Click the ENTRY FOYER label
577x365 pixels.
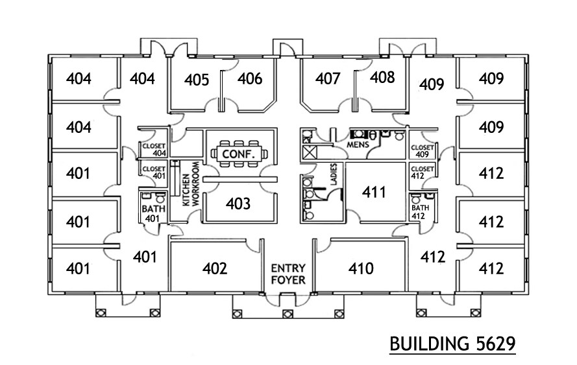coord(288,274)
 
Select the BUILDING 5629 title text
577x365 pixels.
coord(452,343)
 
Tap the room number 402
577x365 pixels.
coord(215,268)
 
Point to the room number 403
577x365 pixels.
coord(238,204)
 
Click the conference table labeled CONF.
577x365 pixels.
coord(238,154)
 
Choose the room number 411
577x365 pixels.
coord(374,192)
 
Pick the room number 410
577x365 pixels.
coord(361,268)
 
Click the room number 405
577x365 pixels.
coord(196,80)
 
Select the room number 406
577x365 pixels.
coord(250,79)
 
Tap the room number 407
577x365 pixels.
coord(328,79)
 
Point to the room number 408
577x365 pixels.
coord(382,78)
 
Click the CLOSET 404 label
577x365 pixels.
coord(154,150)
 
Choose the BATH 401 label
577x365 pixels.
coord(151,213)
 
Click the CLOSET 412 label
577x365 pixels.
coord(423,172)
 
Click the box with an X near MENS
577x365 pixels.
coord(310,153)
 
